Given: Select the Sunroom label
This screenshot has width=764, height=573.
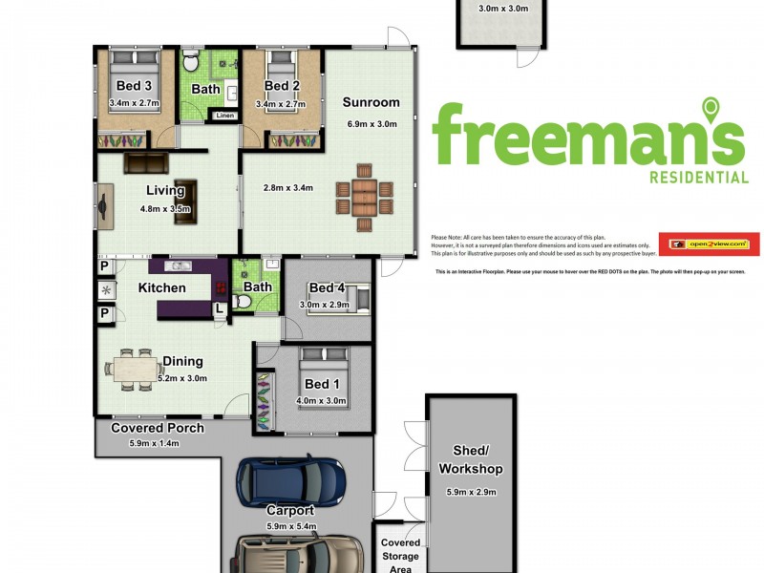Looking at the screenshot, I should point(371,103).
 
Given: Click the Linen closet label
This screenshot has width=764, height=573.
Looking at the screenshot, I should point(225,116).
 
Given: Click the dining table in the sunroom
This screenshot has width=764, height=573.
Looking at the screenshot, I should point(365,198).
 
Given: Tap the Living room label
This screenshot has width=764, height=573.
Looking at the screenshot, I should point(165,191).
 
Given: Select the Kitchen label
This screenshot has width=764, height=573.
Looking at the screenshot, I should point(162,287).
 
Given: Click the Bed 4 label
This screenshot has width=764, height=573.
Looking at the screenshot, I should point(327,288).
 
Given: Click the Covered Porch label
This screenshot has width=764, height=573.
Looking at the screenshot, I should point(158,428).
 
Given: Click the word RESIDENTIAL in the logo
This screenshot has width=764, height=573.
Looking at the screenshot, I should point(698,177).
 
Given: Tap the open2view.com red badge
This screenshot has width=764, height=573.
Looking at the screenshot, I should point(709,244).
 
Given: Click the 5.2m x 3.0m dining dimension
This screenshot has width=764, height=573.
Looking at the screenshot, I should point(182,377).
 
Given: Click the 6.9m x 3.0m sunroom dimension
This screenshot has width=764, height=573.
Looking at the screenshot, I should point(371,124).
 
